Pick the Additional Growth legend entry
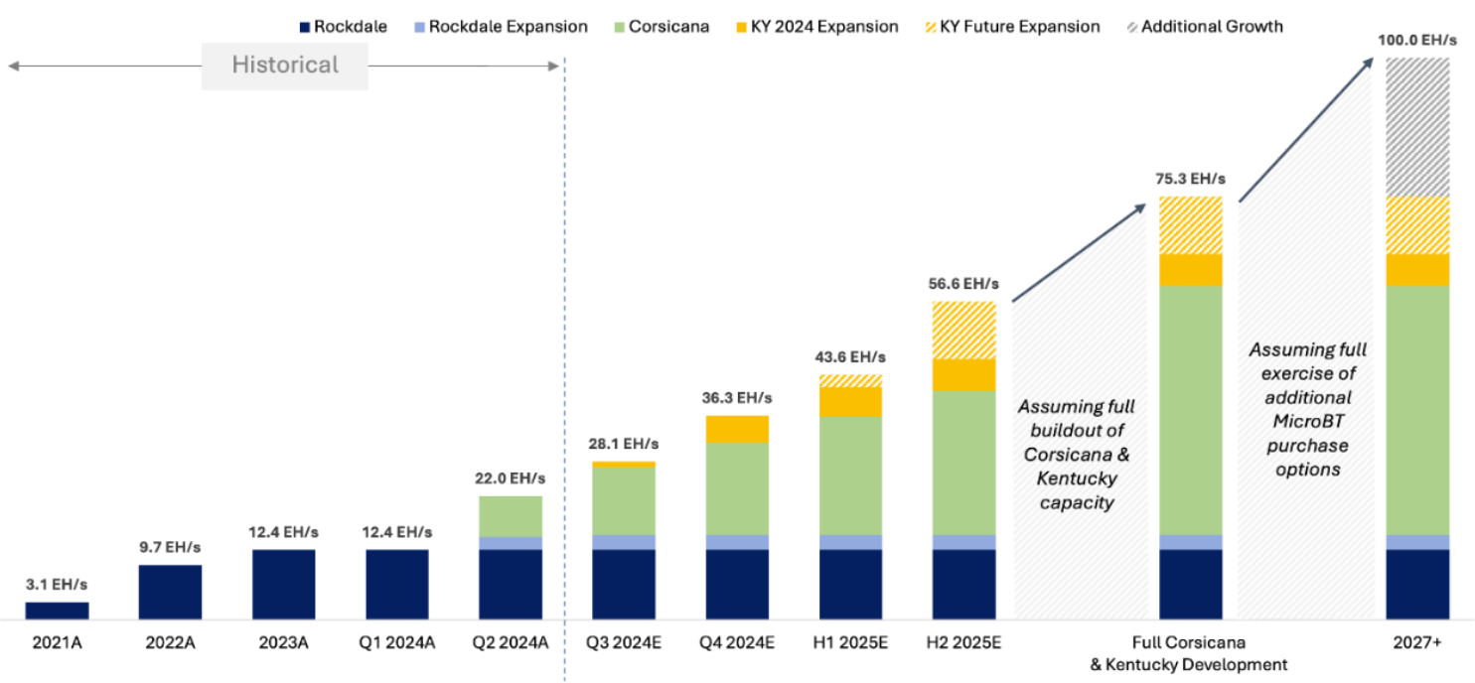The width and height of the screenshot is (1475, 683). tap(1211, 27)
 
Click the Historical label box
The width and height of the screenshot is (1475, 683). tap(285, 66)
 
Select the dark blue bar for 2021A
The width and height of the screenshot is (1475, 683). tap(57, 610)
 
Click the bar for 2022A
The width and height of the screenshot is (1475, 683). tap(170, 592)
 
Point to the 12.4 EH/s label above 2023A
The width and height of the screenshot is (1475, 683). tap(283, 532)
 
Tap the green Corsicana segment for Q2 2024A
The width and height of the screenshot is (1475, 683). tap(511, 516)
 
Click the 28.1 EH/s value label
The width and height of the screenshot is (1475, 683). tap(624, 444)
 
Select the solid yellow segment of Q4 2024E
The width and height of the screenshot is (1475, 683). tap(737, 429)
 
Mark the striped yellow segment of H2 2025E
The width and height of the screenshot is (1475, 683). tap(963, 330)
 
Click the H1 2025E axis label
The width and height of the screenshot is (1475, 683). tap(850, 643)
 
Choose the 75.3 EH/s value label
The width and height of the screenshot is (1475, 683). tap(1191, 180)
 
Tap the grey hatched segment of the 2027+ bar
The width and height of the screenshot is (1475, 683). tap(1417, 127)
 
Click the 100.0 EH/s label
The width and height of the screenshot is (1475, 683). tap(1417, 41)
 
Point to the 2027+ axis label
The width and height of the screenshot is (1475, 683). tap(1417, 643)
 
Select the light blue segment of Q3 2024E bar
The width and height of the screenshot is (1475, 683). tap(624, 542)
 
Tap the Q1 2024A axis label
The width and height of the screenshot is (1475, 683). tap(397, 643)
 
